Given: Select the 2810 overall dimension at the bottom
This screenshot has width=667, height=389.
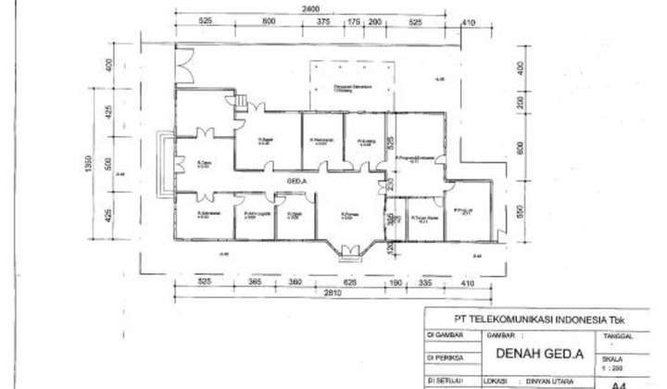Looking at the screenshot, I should pyautogui.click(x=324, y=294).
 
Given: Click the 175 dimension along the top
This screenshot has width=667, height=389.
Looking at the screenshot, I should pyautogui.click(x=354, y=21).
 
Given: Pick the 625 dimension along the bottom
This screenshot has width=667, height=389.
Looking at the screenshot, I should pyautogui.click(x=349, y=282).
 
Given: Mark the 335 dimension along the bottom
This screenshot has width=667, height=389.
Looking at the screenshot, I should pyautogui.click(x=428, y=282).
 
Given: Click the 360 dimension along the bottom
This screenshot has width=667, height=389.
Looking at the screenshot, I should pyautogui.click(x=295, y=282).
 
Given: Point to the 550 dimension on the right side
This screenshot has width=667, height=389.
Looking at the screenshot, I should pyautogui.click(x=520, y=210).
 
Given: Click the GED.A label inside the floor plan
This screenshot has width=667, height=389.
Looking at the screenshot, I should pyautogui.click(x=297, y=179).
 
